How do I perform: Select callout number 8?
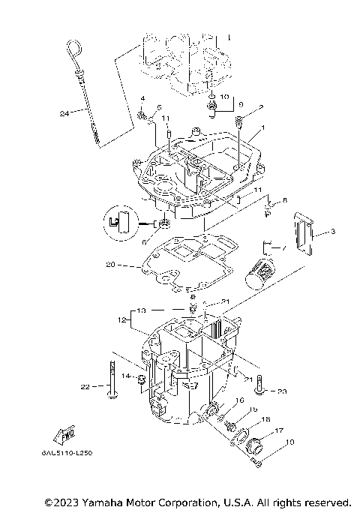click(283, 200)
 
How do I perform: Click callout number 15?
click(253, 409)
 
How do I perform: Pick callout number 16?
click(240, 401)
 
